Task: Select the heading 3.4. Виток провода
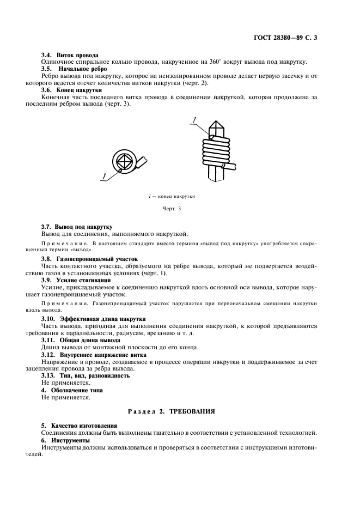click(x=70, y=56)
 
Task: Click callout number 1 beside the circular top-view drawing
click(x=102, y=175)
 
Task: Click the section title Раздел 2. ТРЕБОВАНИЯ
click(x=179, y=411)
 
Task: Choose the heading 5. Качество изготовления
click(x=81, y=424)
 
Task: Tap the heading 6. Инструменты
click(x=66, y=439)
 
